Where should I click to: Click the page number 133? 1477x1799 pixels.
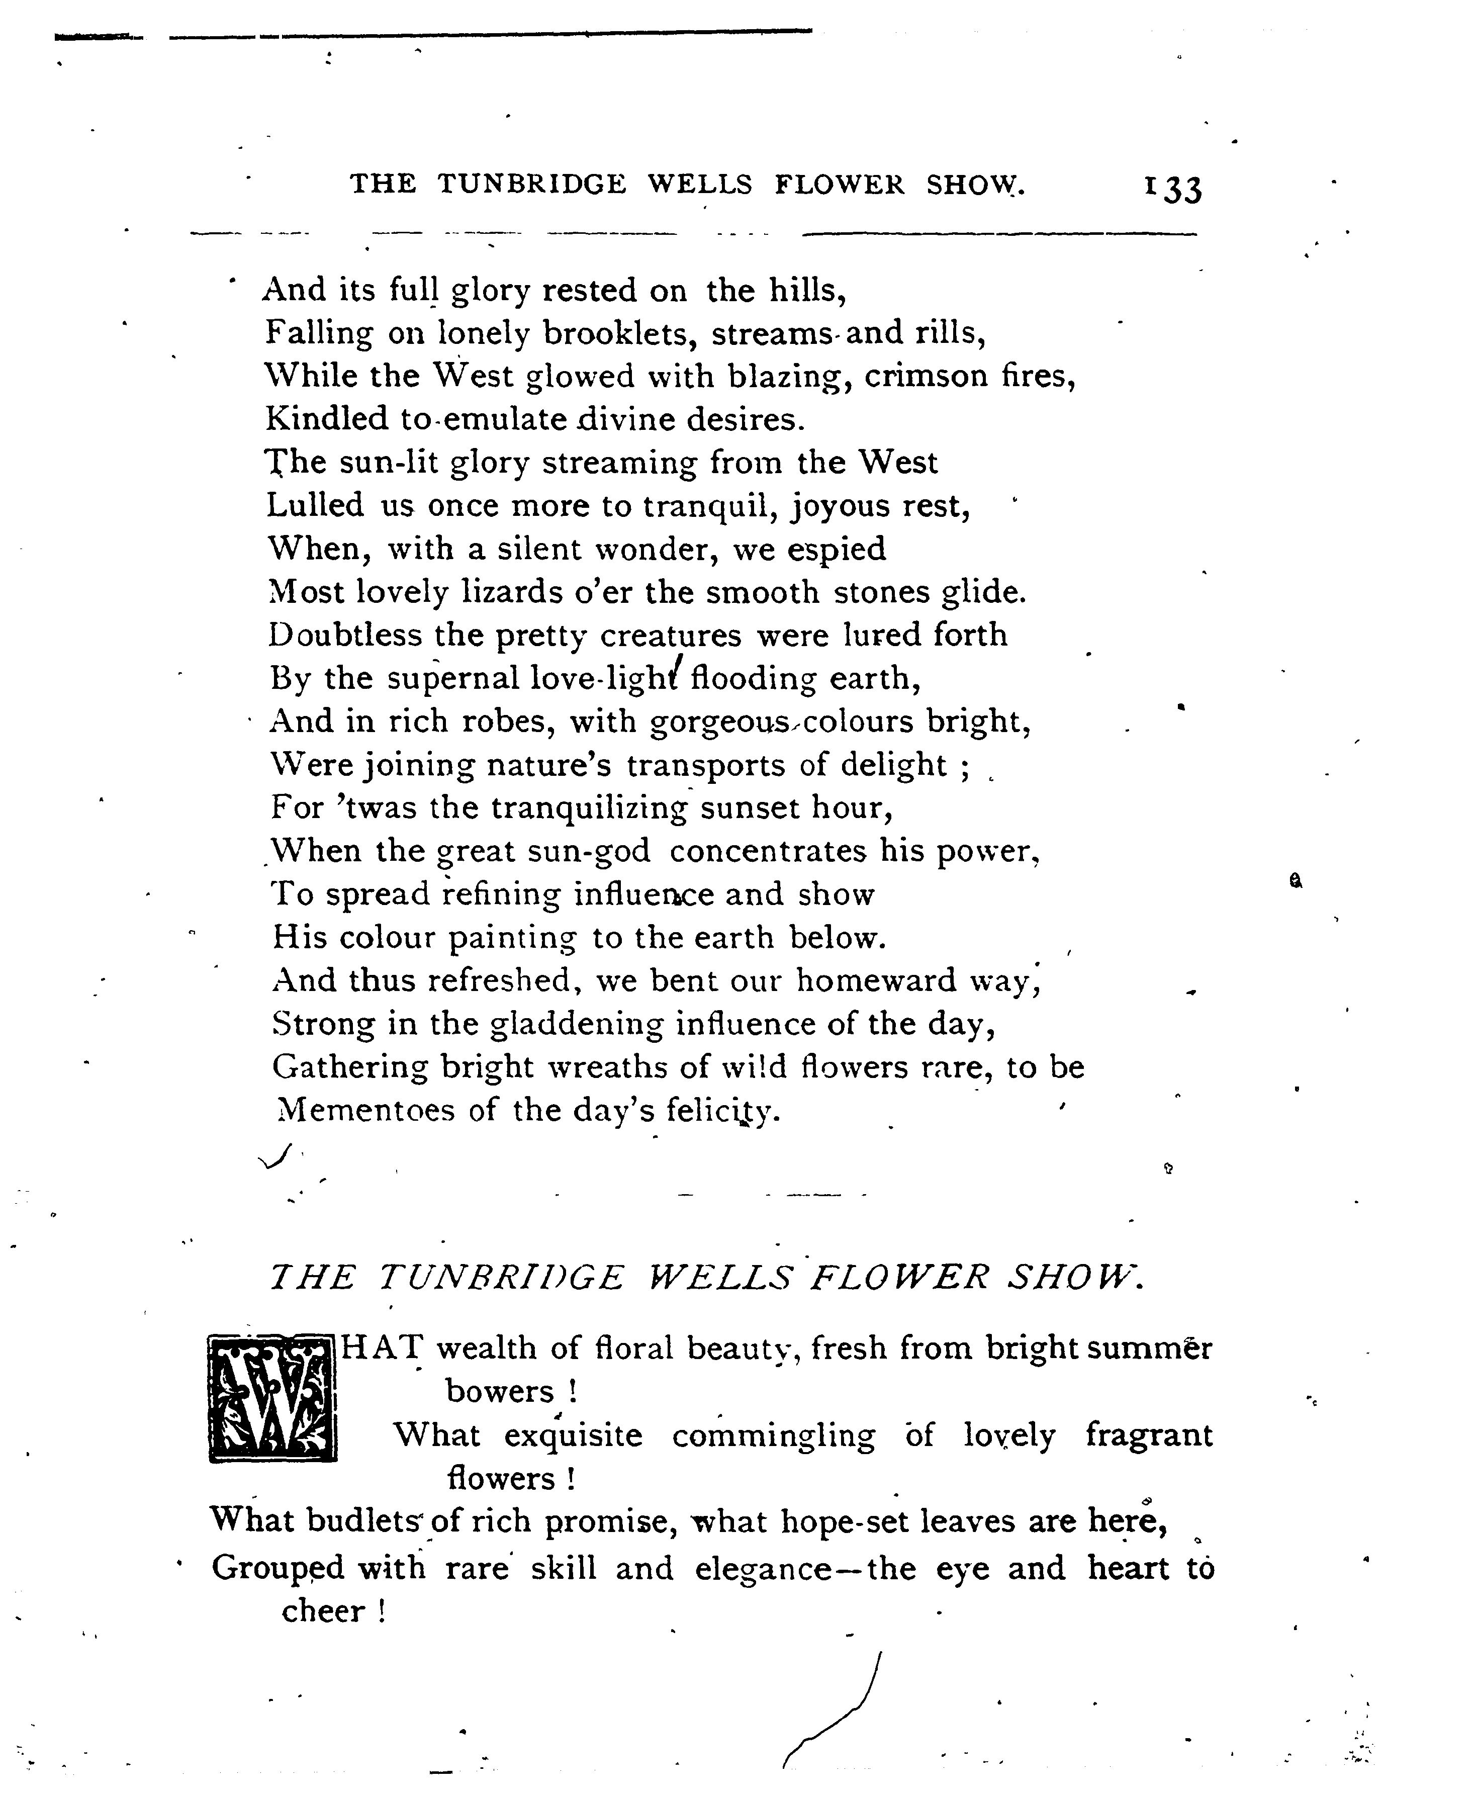point(1173,189)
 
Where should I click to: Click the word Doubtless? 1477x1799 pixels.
point(344,635)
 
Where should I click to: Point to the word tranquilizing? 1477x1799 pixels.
point(588,807)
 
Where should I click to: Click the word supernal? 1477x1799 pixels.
point(452,679)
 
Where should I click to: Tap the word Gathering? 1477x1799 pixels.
point(350,1067)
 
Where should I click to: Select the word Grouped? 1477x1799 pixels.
point(278,1568)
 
